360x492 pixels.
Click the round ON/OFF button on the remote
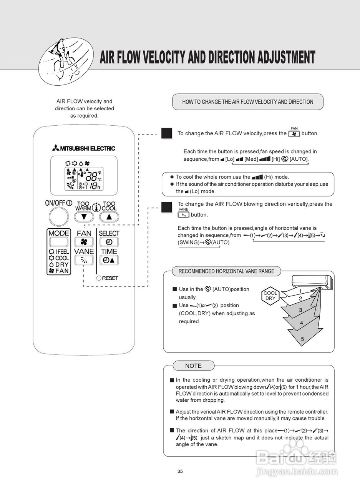(x=58, y=216)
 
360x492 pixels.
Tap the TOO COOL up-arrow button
(x=109, y=216)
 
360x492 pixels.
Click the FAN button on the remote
(x=84, y=242)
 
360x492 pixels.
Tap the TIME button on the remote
(x=109, y=260)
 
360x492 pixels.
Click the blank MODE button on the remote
(x=58, y=242)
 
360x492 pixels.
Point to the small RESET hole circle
(x=99, y=278)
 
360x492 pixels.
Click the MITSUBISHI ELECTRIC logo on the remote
(x=84, y=148)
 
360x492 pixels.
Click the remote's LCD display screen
(x=84, y=176)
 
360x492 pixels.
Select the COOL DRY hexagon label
(x=270, y=296)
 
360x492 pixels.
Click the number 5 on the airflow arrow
(x=302, y=339)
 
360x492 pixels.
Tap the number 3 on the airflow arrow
(x=300, y=310)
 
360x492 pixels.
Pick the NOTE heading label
(x=193, y=366)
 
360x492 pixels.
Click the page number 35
(x=180, y=471)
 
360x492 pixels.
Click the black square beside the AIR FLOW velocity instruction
(x=166, y=133)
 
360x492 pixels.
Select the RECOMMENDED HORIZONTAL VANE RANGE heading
(x=226, y=271)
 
